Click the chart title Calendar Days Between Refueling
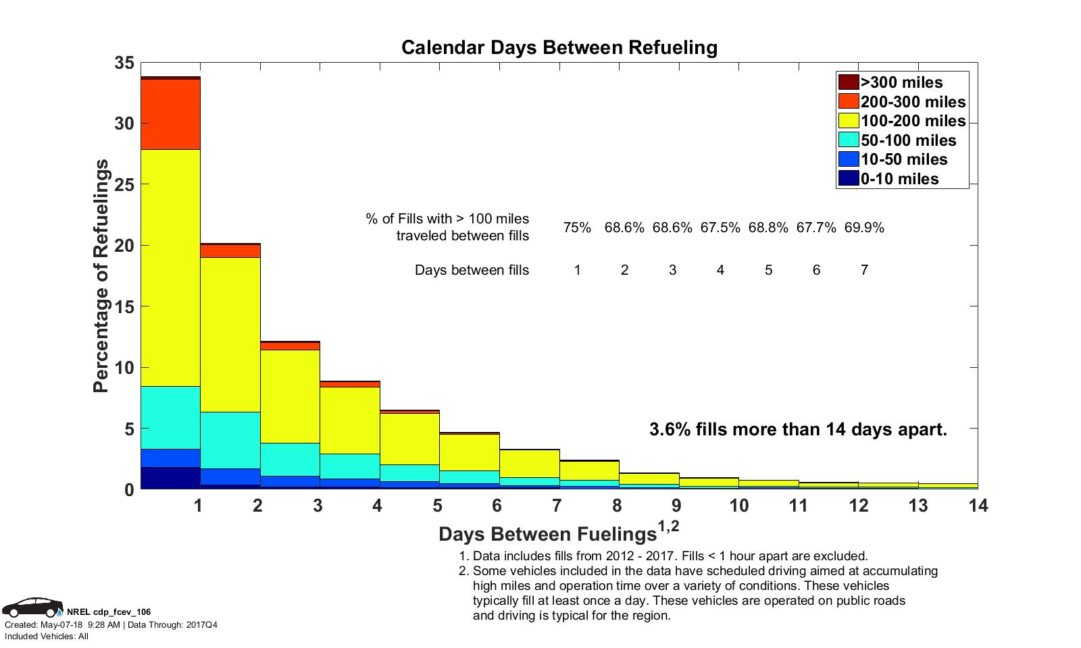pyautogui.click(x=559, y=48)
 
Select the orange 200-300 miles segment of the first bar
pyautogui.click(x=170, y=114)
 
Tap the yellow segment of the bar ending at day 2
pyautogui.click(x=230, y=334)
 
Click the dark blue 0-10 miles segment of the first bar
pyautogui.click(x=170, y=478)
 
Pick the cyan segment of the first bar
pyautogui.click(x=170, y=417)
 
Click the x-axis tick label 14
pyautogui.click(x=978, y=506)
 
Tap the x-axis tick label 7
pyautogui.click(x=557, y=506)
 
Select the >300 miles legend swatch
pyautogui.click(x=849, y=82)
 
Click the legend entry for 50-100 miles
pyautogui.click(x=908, y=140)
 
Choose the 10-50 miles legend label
pyautogui.click(x=904, y=159)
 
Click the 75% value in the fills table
pyautogui.click(x=577, y=227)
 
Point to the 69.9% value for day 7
pyautogui.click(x=864, y=227)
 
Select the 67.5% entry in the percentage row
pyautogui.click(x=720, y=227)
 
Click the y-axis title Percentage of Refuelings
pyautogui.click(x=101, y=276)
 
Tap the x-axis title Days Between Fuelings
pyautogui.click(x=547, y=534)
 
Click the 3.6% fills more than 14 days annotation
pyautogui.click(x=798, y=429)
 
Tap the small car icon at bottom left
pyautogui.click(x=32, y=607)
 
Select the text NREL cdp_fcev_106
pyautogui.click(x=109, y=612)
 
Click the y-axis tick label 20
pyautogui.click(x=125, y=246)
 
